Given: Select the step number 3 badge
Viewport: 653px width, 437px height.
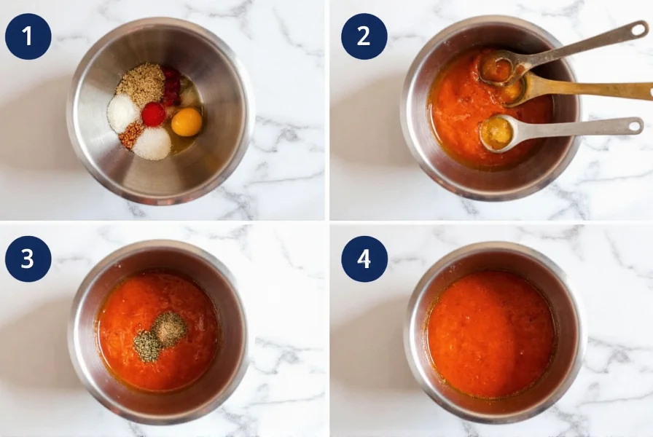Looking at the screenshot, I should tap(28, 259).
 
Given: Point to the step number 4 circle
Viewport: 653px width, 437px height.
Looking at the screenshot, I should tap(364, 259).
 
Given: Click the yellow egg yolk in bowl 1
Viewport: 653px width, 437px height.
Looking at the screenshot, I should tap(187, 122).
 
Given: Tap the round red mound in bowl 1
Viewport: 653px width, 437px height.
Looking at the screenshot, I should tap(153, 114).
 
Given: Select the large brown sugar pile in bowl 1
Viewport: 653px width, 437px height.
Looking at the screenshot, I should tap(141, 83).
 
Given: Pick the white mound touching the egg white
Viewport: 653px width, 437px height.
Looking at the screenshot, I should tap(152, 143).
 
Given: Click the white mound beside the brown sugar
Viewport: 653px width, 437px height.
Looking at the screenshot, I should tap(122, 113).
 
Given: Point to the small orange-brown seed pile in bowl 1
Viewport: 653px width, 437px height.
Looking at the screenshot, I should tap(131, 134).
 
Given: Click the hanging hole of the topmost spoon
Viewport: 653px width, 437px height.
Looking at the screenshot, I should tap(638, 29).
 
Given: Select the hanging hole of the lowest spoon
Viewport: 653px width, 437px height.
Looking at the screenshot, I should tap(633, 125).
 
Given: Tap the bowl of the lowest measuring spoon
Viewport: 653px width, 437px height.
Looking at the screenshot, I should tap(498, 133).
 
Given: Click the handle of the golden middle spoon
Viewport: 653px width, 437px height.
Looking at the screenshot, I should tap(598, 90).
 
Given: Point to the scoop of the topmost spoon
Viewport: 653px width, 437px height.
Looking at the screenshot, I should tap(498, 68).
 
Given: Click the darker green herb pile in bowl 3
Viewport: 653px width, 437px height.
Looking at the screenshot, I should tap(147, 345).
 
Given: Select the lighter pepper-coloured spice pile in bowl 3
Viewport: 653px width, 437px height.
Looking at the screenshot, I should tap(170, 328).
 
